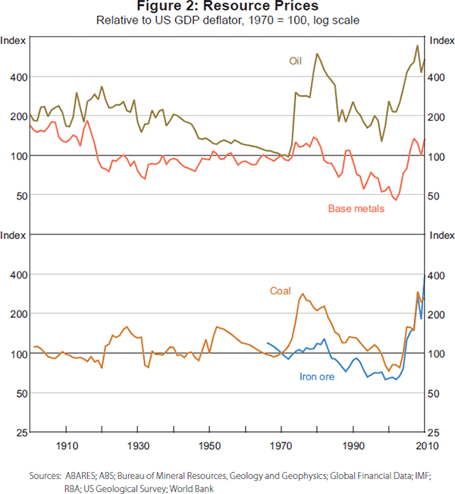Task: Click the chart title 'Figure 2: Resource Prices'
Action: click(227, 7)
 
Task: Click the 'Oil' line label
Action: click(296, 60)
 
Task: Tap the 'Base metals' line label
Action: click(356, 208)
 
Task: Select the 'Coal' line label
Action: click(281, 291)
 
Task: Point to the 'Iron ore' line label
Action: click(318, 376)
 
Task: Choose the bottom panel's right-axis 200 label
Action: click(440, 314)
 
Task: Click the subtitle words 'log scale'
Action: click(336, 20)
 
